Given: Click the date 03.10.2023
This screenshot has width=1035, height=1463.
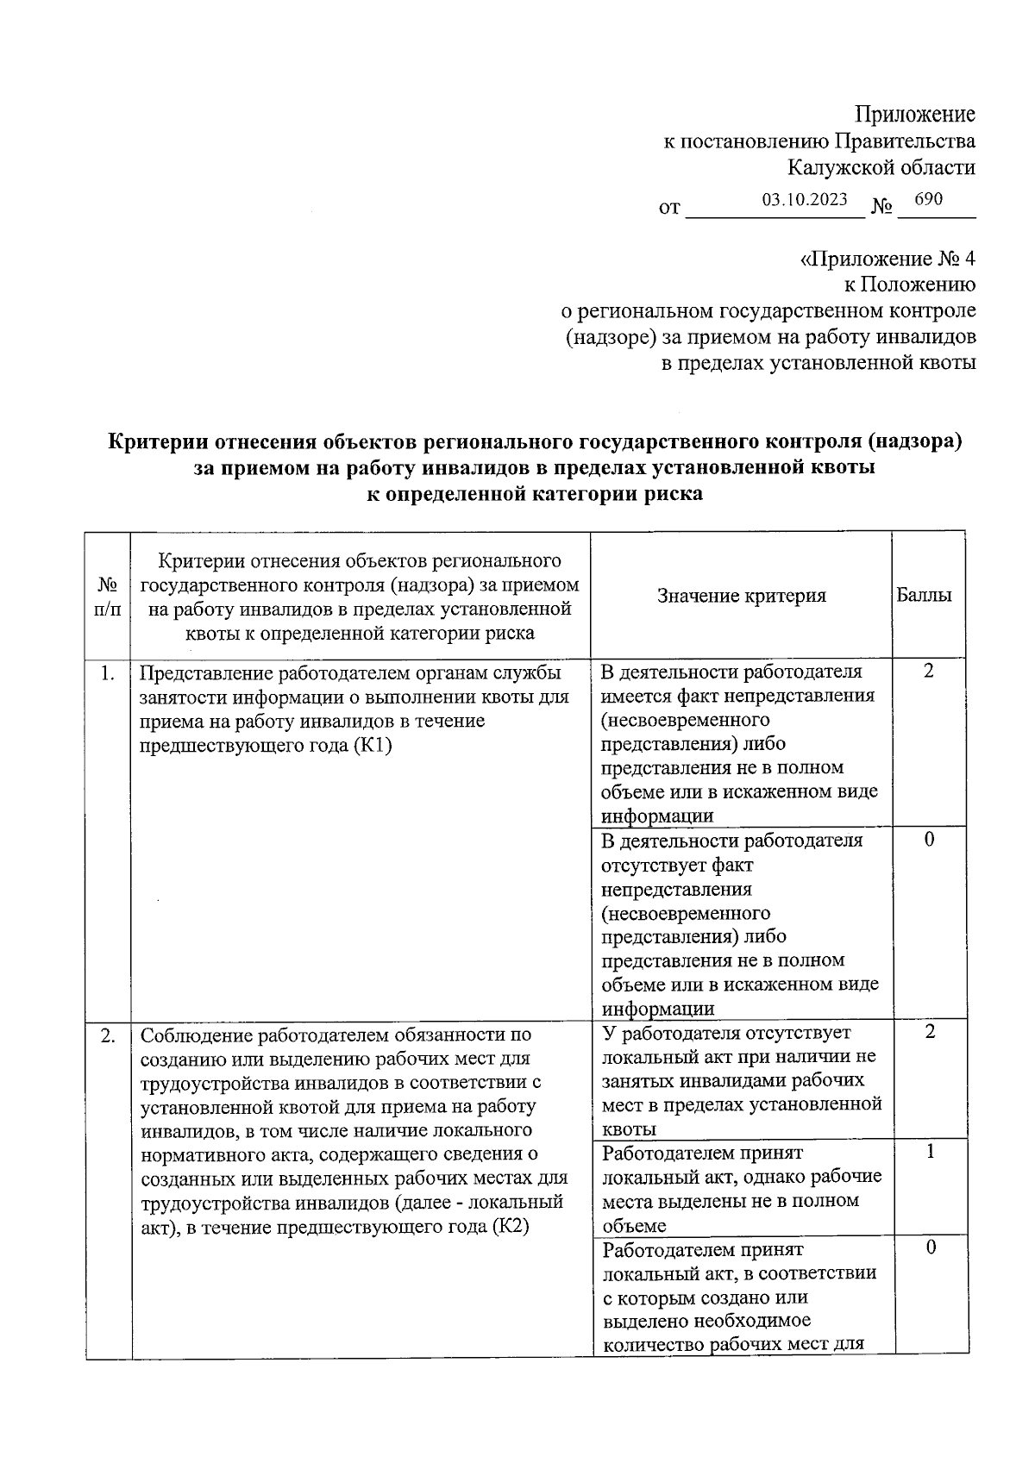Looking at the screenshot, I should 805,199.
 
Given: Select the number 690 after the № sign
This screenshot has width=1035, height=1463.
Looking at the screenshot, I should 928,199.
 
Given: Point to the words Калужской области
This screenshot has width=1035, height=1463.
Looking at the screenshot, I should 881,167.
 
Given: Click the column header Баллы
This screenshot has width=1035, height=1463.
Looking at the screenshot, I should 925,595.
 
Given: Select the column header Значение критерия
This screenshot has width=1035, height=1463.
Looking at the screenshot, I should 741,595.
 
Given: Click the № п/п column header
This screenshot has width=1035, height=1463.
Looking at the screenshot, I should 108,595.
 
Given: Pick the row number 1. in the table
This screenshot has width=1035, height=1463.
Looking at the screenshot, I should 107,673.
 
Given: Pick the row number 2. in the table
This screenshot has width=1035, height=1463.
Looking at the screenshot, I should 107,1035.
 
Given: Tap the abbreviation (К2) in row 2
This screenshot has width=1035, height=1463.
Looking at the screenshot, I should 510,1226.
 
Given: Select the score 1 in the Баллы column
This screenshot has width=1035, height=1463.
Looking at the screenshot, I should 930,1151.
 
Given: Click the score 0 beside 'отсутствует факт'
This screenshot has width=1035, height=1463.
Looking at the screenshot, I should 929,839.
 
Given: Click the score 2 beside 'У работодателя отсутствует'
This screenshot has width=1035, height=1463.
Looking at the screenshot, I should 929,1031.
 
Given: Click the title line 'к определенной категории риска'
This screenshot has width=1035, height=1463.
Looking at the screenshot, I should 535,495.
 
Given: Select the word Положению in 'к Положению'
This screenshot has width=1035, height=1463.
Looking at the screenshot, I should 927,284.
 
